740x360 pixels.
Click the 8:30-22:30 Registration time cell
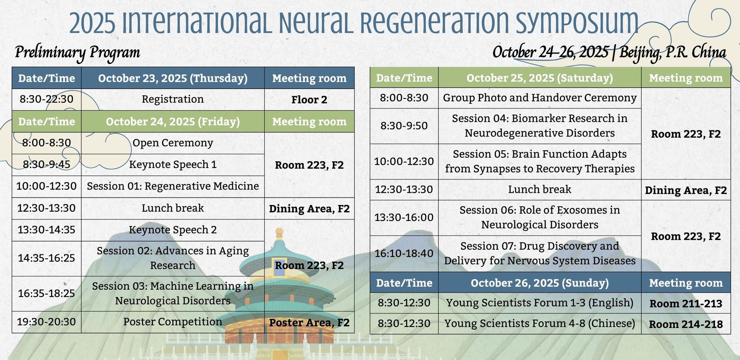click(x=47, y=99)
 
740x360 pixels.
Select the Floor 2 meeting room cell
click(x=309, y=100)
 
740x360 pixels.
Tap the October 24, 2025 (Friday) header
click(x=173, y=121)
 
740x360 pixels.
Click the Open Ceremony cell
click(x=173, y=143)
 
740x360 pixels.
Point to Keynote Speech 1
click(x=173, y=164)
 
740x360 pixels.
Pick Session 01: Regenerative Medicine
click(x=173, y=186)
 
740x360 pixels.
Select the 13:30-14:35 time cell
click(x=47, y=230)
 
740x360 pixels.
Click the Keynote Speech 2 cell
click(x=173, y=230)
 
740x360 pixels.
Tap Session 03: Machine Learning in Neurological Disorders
click(x=173, y=293)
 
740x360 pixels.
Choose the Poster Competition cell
click(x=173, y=322)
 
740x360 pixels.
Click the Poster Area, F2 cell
click(x=309, y=322)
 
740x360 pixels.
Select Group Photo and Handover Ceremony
click(x=540, y=98)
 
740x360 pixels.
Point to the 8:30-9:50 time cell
click(x=404, y=126)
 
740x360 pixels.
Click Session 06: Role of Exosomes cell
click(x=540, y=218)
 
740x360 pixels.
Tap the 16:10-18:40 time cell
click(x=404, y=253)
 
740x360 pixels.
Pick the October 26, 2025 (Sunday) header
click(x=540, y=283)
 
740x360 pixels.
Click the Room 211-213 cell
click(x=686, y=303)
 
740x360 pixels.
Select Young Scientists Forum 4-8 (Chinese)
click(x=540, y=323)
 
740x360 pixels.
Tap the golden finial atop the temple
click(x=279, y=233)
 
